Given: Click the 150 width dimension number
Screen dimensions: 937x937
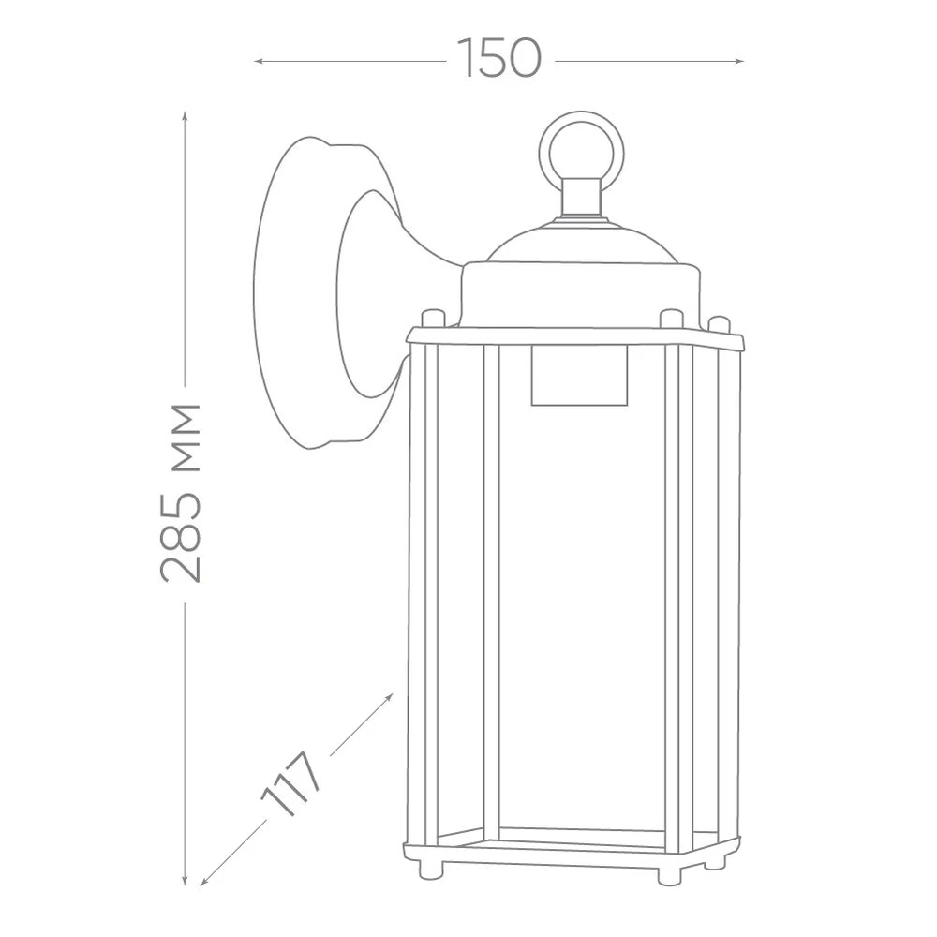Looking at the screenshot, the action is click(499, 58).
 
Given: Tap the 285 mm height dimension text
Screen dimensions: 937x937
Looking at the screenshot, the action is click(181, 493).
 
